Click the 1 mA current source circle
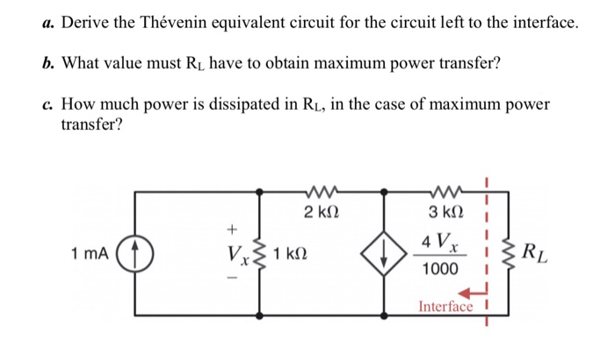(135, 255)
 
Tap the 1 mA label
(91, 255)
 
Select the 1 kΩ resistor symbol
(258, 254)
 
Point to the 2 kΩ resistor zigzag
(319, 188)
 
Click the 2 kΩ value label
(320, 212)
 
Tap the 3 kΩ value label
(445, 212)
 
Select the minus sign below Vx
(232, 280)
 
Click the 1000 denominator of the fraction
(439, 270)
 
